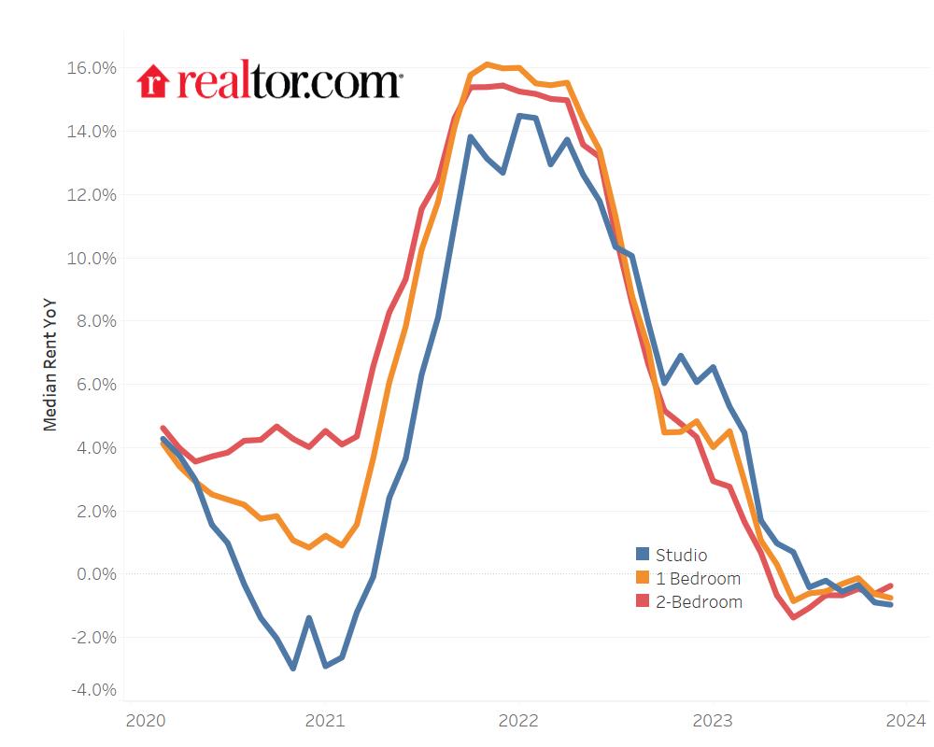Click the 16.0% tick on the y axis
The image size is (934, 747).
click(90, 68)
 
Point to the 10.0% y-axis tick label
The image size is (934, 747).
click(90, 258)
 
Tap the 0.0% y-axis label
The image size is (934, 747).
click(92, 574)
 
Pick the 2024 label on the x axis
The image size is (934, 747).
click(905, 720)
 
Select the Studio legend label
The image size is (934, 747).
click(681, 556)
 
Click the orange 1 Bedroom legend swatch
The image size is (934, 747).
click(643, 579)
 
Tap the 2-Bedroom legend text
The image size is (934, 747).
click(699, 602)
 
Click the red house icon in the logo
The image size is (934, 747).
click(151, 81)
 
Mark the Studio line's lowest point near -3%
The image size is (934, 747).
click(292, 668)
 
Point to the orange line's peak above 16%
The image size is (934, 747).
click(487, 63)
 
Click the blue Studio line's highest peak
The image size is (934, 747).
click(519, 116)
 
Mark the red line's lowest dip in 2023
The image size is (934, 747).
click(793, 617)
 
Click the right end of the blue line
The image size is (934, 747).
click(890, 604)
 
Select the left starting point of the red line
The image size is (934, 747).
click(163, 428)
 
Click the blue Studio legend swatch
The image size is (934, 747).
click(643, 556)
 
